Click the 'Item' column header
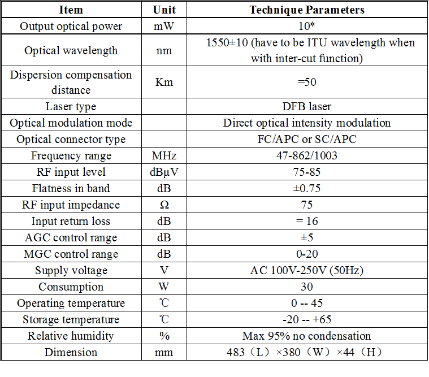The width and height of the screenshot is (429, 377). (x=71, y=10)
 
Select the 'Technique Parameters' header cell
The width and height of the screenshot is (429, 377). (x=307, y=10)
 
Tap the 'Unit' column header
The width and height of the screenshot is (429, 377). (x=164, y=10)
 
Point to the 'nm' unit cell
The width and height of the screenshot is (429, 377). (x=164, y=50)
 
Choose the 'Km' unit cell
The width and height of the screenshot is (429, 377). (x=164, y=83)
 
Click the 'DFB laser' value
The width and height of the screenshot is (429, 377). (x=307, y=107)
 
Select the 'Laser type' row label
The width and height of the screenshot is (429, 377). (x=71, y=107)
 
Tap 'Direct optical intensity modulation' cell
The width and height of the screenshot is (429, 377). (x=307, y=123)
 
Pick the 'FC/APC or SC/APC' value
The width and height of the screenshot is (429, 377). (x=307, y=140)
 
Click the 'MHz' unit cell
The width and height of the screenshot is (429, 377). (x=164, y=156)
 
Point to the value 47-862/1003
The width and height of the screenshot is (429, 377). (x=307, y=156)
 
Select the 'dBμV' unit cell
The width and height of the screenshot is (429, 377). (x=164, y=172)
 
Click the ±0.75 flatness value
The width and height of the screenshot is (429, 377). (x=307, y=189)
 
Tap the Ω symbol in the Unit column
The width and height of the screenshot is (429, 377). (x=164, y=205)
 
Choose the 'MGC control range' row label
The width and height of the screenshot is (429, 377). (x=71, y=254)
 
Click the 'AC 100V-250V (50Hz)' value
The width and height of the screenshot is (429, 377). (x=307, y=271)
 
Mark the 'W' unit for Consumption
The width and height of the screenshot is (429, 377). (x=164, y=287)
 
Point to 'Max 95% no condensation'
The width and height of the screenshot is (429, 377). (x=307, y=336)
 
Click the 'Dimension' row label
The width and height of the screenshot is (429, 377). (x=71, y=353)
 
